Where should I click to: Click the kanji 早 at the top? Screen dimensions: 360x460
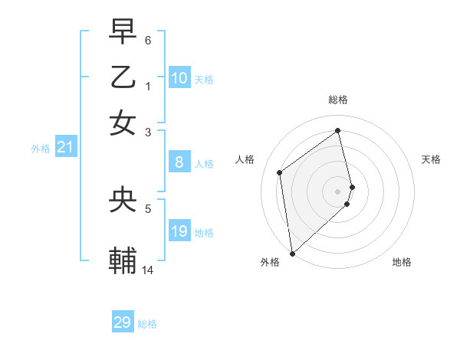pos(123,31)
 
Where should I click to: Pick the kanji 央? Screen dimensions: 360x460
pos(123,200)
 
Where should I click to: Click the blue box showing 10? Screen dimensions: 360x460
pos(179,78)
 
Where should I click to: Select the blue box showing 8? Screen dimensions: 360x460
pos(179,162)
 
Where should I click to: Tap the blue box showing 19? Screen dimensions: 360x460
pos(179,231)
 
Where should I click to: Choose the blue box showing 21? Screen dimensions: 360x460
pos(65,148)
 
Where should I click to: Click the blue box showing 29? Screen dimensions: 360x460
pos(123,322)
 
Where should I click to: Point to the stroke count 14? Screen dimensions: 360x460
pos(148,270)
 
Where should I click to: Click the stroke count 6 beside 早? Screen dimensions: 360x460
pos(149,40)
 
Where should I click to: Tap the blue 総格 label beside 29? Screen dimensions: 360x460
pos(147,324)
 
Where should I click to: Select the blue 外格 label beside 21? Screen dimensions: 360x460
pos(41,149)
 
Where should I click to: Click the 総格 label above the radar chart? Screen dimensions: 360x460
pos(338,100)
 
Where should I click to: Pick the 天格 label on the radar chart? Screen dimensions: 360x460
pos(431,159)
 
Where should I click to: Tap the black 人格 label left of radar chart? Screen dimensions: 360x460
pos(245,159)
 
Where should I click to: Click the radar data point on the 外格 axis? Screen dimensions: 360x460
pos(292,253)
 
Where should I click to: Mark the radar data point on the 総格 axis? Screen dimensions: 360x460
pos(338,130)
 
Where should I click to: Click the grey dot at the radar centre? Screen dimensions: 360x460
pos(338,191)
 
